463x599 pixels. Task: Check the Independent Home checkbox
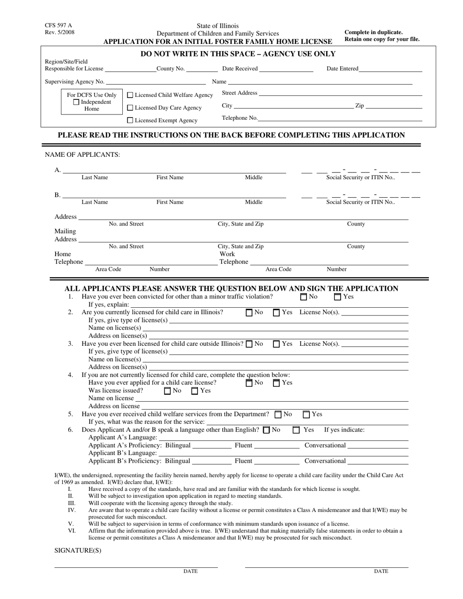tap(76, 102)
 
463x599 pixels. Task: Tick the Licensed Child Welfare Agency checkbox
tap(130, 95)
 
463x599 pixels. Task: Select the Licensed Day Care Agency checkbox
tap(130, 108)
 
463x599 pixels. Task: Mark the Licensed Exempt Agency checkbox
tap(130, 120)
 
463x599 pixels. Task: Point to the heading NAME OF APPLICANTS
tap(82, 155)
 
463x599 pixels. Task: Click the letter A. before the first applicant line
tap(58, 170)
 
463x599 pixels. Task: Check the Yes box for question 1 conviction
tap(337, 297)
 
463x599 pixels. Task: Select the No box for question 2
tap(250, 312)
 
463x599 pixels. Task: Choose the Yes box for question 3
tap(276, 344)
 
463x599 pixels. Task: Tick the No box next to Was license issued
tap(168, 391)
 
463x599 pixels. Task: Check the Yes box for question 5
tap(306, 414)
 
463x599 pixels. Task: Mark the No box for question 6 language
tap(266, 430)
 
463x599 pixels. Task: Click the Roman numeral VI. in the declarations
tap(72, 531)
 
